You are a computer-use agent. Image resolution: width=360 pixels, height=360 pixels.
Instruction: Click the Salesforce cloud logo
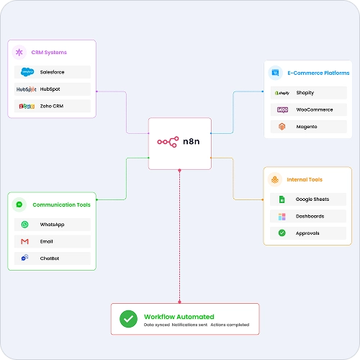(x=27, y=72)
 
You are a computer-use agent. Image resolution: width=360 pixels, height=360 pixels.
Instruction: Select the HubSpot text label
(x=50, y=89)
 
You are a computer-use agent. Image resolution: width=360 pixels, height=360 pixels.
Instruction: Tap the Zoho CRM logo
(x=27, y=106)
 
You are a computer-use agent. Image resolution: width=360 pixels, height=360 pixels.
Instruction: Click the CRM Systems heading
(x=49, y=53)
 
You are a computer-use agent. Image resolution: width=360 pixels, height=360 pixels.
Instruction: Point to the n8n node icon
(x=168, y=142)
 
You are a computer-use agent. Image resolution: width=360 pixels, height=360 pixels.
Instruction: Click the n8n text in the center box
(x=192, y=141)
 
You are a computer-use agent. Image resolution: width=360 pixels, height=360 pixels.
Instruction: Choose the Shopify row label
(x=305, y=93)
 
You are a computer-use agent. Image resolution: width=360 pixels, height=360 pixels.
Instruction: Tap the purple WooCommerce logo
(x=282, y=110)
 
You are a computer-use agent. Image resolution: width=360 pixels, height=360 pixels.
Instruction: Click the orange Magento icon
(x=282, y=127)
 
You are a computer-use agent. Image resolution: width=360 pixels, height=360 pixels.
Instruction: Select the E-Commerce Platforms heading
(x=318, y=73)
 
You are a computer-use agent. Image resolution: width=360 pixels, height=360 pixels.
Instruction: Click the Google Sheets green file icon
(x=282, y=199)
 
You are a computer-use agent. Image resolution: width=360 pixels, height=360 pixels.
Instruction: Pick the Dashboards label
(x=310, y=216)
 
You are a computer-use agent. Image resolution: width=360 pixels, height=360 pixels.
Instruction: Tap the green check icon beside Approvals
(x=282, y=233)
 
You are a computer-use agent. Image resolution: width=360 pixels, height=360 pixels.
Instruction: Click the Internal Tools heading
(x=305, y=179)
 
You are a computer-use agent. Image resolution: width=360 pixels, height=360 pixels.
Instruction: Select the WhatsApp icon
(x=24, y=225)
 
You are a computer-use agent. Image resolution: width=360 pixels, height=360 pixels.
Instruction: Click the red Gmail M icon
(x=24, y=241)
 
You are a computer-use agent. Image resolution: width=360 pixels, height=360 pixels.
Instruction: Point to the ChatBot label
(x=50, y=258)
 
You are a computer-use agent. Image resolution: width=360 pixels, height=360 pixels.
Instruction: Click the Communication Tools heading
(x=61, y=204)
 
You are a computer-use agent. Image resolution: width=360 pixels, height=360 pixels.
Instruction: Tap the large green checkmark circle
(x=128, y=319)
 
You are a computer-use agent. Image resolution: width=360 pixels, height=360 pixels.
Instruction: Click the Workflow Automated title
(x=179, y=317)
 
